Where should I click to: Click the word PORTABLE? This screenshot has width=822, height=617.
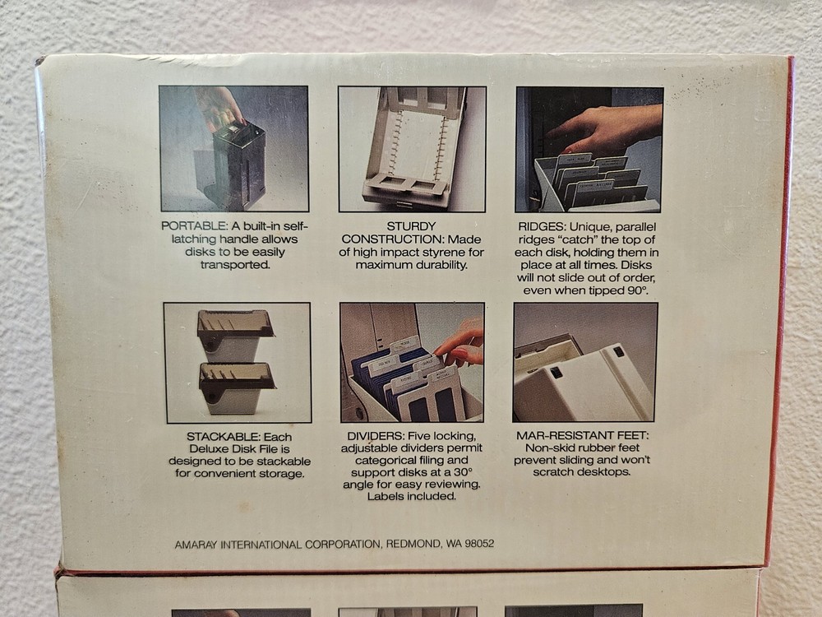(193, 226)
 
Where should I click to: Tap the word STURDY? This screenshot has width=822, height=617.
(411, 226)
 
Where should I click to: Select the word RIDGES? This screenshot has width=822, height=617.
(541, 227)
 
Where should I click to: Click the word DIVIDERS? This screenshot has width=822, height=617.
(375, 436)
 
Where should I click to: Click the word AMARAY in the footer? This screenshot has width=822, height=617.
(196, 545)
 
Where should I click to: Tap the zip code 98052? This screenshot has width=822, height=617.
(479, 544)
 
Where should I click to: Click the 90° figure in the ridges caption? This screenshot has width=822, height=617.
(638, 290)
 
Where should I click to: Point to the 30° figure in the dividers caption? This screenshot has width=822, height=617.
(463, 471)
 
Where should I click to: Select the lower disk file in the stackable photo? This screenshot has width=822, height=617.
(237, 387)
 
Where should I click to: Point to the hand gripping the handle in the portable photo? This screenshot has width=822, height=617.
(219, 107)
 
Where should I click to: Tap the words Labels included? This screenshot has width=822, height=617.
(412, 496)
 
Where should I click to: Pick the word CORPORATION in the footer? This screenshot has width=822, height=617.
(344, 545)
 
